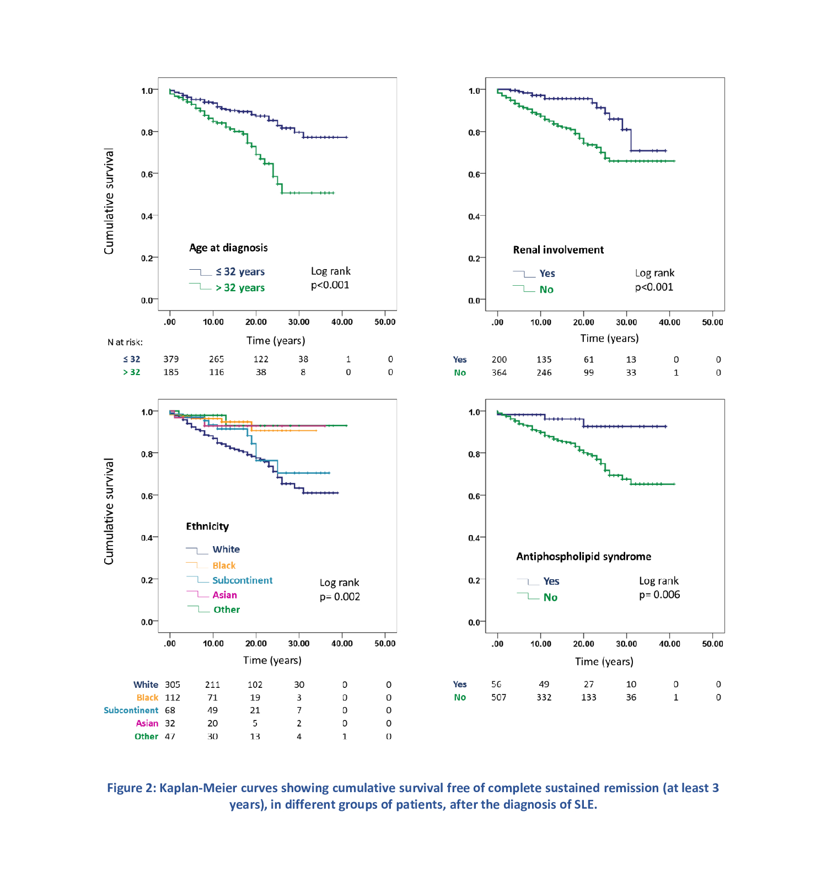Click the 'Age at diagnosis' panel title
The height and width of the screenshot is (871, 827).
click(x=228, y=248)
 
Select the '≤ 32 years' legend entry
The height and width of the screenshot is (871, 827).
click(x=240, y=272)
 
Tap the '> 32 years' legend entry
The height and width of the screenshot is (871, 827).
click(x=240, y=288)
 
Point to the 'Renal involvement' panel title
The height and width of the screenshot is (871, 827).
click(x=558, y=250)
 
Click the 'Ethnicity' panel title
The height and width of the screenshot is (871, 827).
click(x=207, y=526)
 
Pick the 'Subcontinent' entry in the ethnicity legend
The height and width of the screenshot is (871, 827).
click(x=242, y=580)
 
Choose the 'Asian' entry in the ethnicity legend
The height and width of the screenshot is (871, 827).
click(x=224, y=595)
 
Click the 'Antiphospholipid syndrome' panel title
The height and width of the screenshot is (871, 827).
click(x=583, y=557)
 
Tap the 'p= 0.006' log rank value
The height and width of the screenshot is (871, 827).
click(x=659, y=595)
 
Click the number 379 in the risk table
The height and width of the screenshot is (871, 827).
click(x=171, y=359)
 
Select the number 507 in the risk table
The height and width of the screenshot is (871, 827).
click(x=498, y=697)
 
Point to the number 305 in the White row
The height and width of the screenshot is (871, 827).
click(x=173, y=685)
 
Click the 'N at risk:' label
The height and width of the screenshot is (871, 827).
click(x=125, y=343)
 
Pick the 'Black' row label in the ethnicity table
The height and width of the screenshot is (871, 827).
click(x=147, y=698)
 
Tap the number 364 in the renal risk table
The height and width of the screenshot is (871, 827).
click(x=499, y=373)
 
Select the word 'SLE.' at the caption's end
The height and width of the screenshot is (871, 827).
click(x=586, y=804)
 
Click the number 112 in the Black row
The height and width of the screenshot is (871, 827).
click(x=173, y=698)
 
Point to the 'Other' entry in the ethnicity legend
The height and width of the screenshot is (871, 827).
click(x=227, y=610)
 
